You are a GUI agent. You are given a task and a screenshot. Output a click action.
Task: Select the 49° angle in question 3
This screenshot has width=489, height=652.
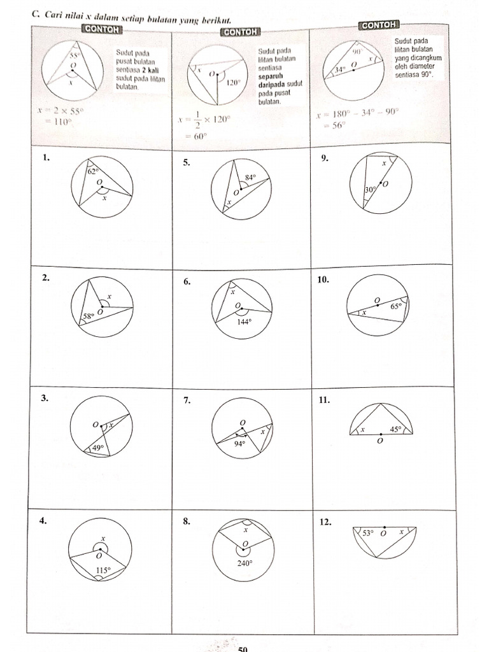[x=98, y=448]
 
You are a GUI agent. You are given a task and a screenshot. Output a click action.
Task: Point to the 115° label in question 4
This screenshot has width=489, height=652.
[x=103, y=570]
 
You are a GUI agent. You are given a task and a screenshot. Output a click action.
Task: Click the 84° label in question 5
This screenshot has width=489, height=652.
[x=250, y=177]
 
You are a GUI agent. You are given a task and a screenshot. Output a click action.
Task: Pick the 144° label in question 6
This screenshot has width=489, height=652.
[x=245, y=322]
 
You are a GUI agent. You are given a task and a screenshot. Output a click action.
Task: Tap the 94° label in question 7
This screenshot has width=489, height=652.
[x=239, y=444]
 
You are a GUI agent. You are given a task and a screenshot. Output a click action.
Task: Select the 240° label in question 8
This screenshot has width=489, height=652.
[x=244, y=562]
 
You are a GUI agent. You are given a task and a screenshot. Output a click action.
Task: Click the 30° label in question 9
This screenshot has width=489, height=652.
[x=369, y=190]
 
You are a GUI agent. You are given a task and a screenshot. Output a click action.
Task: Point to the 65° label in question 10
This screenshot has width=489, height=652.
[x=396, y=306]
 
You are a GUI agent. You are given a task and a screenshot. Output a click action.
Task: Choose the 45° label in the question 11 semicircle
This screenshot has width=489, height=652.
[x=395, y=430]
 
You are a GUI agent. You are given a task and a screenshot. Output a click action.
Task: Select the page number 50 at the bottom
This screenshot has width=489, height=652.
[x=242, y=648]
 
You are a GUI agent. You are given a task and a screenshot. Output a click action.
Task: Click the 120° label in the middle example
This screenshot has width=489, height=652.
[x=234, y=82]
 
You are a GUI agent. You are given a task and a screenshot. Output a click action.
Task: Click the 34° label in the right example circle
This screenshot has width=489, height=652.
[x=341, y=69]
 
